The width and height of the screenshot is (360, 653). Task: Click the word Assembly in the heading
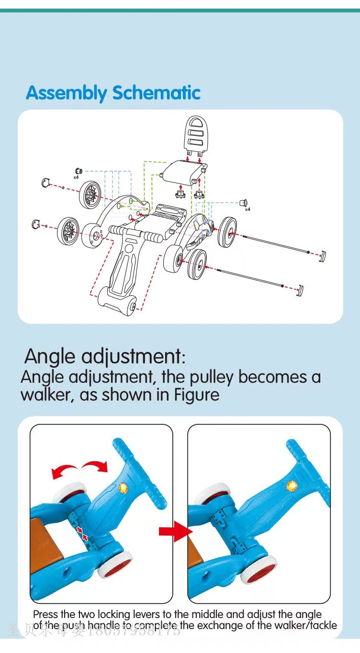tap(67, 93)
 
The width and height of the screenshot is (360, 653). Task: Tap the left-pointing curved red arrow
tap(64, 472)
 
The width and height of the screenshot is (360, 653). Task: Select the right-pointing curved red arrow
tap(95, 465)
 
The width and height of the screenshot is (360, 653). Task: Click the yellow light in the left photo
tap(123, 488)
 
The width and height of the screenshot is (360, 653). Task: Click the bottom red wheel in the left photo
tap(115, 565)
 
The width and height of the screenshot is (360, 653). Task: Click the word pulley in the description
tap(213, 377)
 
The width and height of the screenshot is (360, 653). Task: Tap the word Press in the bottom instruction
tap(45, 614)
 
